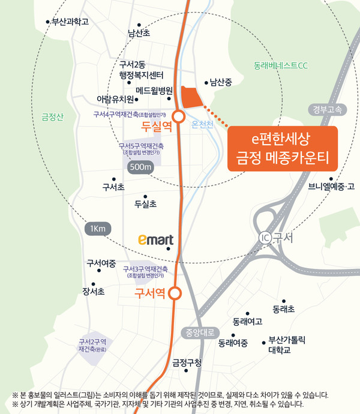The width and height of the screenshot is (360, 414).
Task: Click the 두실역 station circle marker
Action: point(178,116)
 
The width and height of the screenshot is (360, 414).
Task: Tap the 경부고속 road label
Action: point(327,109)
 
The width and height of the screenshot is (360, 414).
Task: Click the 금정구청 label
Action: point(187,362)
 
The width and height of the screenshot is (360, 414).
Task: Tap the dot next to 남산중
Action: point(206,83)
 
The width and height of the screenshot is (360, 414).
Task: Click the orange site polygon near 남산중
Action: point(192,97)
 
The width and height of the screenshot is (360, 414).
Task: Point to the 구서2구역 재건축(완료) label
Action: point(92,346)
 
